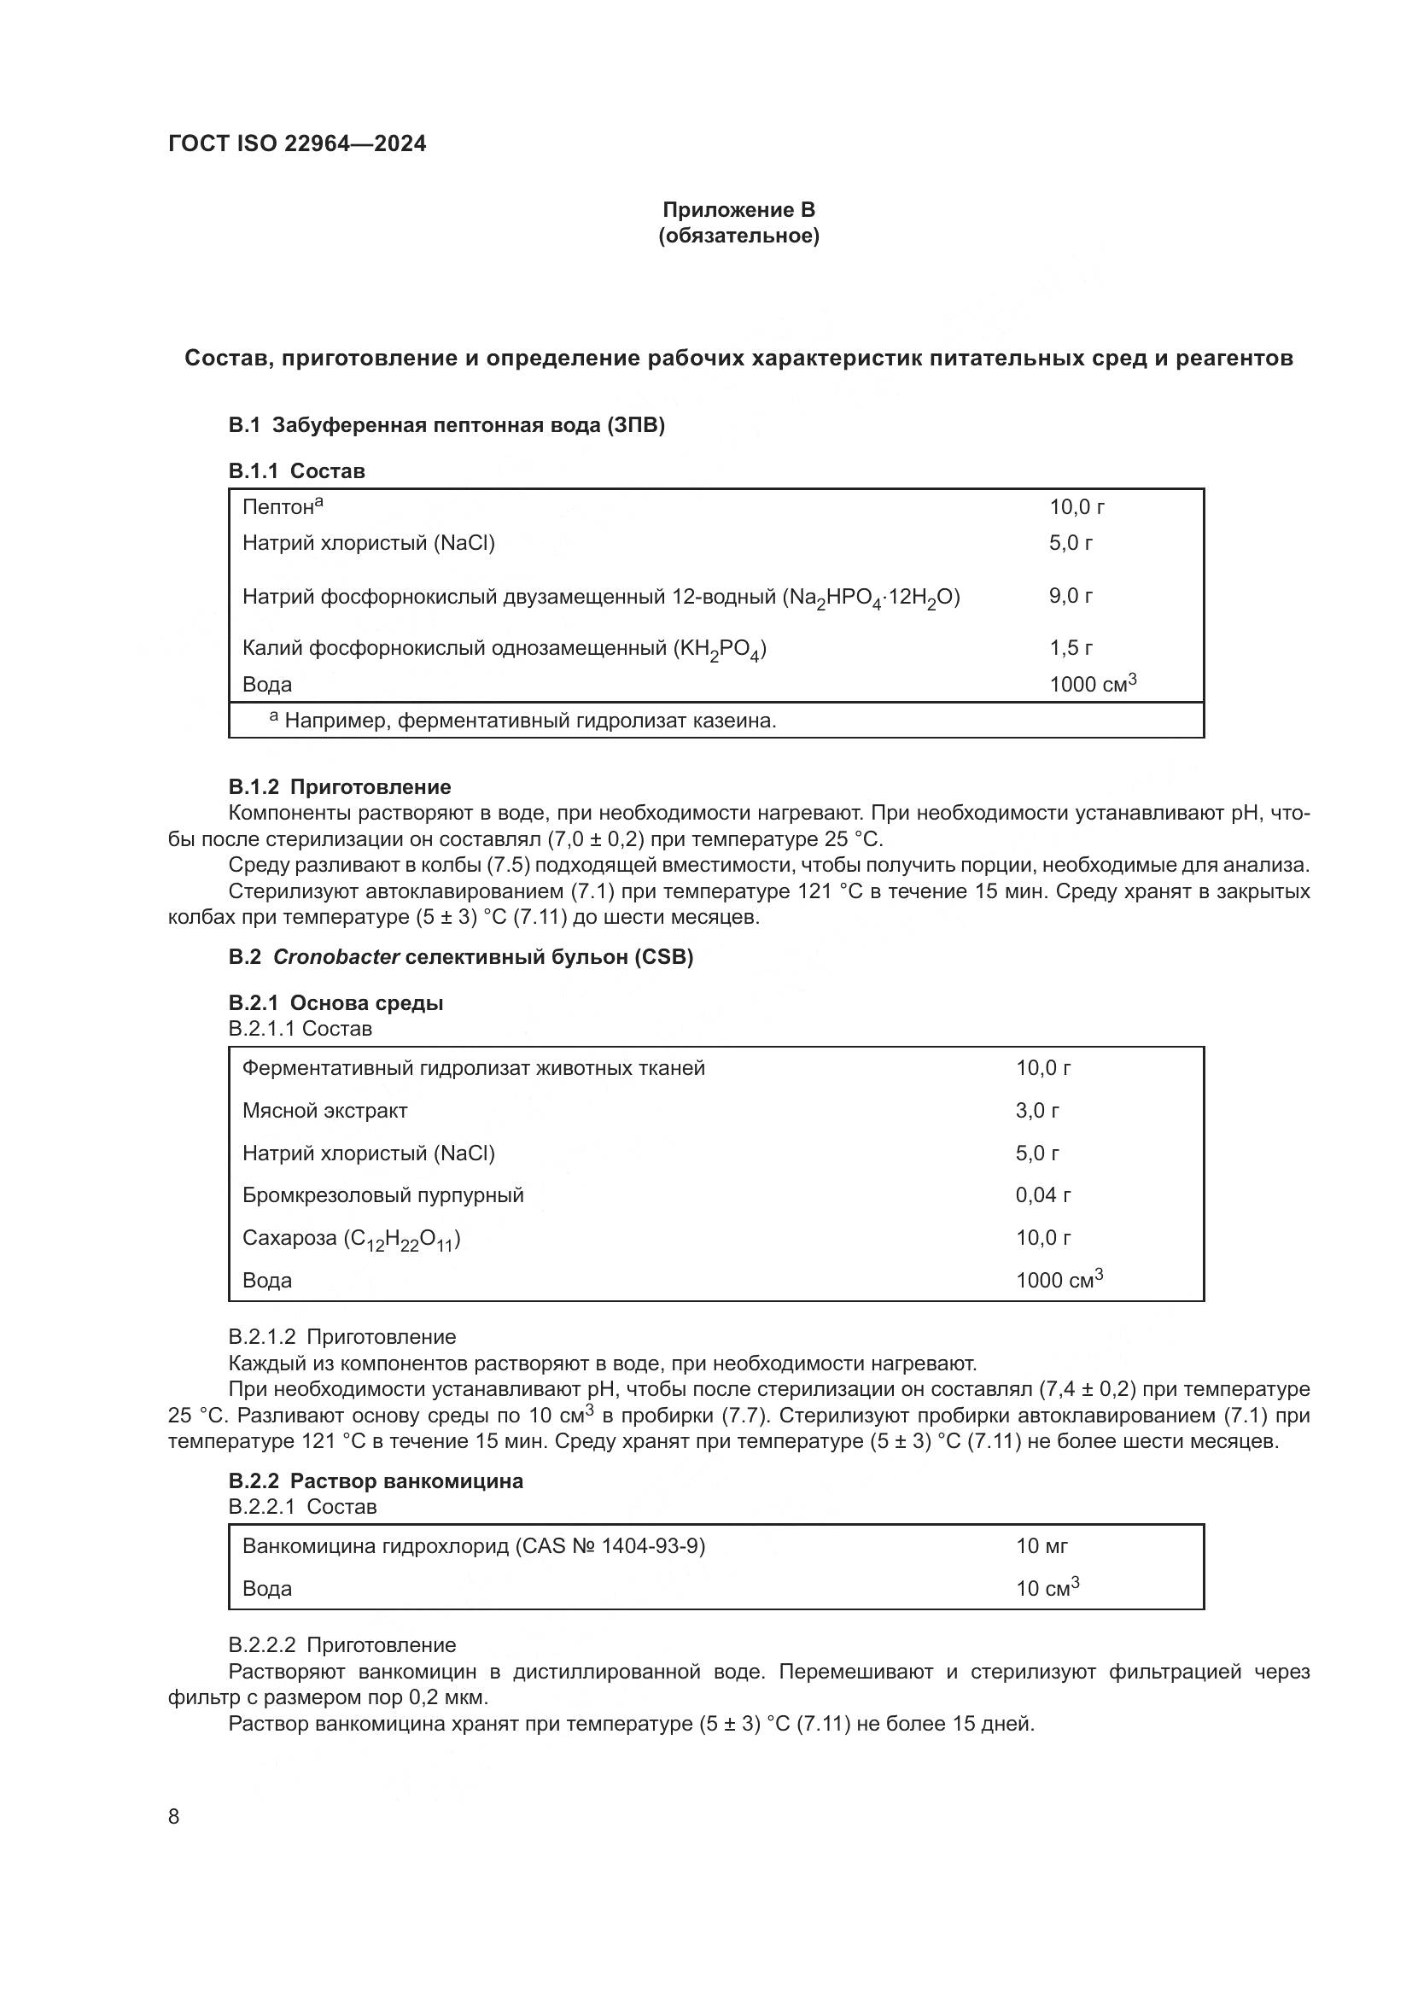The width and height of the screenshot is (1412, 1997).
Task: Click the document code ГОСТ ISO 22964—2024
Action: (x=297, y=143)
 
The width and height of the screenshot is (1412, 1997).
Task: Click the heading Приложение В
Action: (x=738, y=210)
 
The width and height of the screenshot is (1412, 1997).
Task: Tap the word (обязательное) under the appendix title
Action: (x=738, y=236)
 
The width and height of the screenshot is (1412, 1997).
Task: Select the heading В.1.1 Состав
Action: (x=296, y=470)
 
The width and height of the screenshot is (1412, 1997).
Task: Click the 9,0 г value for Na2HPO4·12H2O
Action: (x=1071, y=596)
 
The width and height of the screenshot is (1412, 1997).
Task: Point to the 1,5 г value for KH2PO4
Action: (x=1071, y=648)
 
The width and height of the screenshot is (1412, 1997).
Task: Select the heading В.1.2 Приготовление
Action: (x=339, y=786)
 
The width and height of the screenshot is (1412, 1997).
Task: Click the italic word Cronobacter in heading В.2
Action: (x=335, y=957)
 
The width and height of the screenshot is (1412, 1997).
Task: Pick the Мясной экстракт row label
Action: (x=324, y=1111)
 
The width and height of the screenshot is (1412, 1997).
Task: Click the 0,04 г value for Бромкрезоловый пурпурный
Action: (x=1042, y=1195)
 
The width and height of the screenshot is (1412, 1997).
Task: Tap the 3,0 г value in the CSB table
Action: (x=1036, y=1111)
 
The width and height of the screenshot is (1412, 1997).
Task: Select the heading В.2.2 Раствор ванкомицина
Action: (x=376, y=1481)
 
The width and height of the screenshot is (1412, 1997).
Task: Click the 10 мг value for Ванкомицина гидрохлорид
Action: (x=1041, y=1545)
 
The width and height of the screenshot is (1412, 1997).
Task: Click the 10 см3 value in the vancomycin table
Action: (x=1047, y=1588)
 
